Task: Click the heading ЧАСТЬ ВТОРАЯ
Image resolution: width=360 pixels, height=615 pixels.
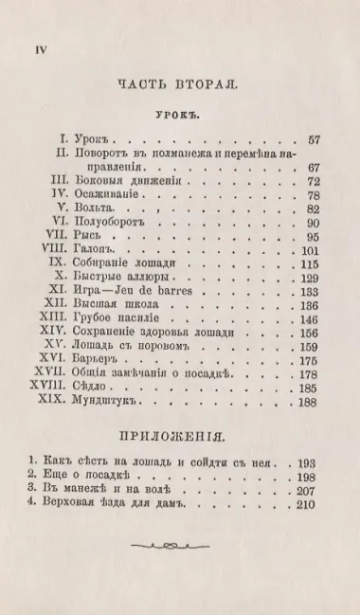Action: click(x=178, y=83)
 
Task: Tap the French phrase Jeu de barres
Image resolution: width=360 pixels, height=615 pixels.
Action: click(x=167, y=292)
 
